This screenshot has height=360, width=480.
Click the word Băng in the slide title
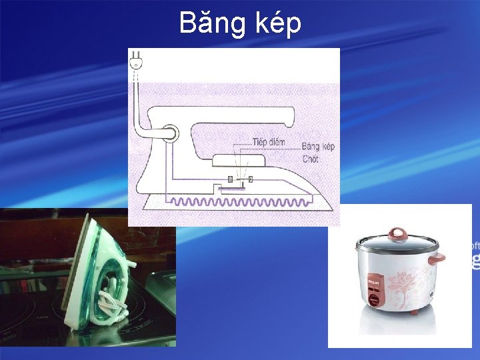pos(213,24)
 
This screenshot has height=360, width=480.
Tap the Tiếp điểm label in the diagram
pos(268,142)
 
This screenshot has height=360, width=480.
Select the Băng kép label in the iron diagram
pos(318,147)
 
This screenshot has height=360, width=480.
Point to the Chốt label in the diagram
pos(311,159)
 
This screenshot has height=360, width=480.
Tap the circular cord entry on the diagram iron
pos(169,133)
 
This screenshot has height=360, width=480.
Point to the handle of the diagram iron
pos(240,115)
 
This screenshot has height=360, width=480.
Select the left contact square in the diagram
pos(230,179)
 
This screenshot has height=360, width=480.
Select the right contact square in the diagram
pos(250,179)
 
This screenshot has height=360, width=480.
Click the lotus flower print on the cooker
pos(404,280)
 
